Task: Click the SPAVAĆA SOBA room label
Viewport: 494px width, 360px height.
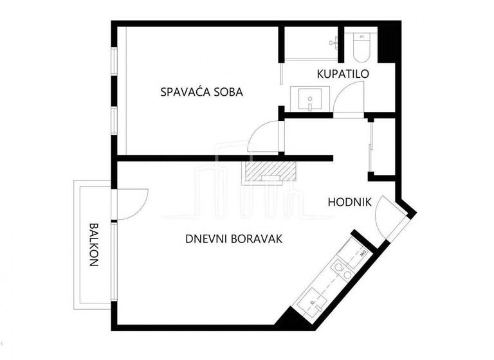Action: tap(201, 92)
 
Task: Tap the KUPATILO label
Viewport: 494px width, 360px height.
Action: tap(343, 74)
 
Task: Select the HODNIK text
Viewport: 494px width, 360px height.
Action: tap(349, 202)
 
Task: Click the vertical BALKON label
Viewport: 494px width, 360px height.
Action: tap(94, 244)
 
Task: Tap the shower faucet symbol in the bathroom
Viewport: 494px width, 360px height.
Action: tap(333, 42)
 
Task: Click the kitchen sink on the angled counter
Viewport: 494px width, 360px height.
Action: tap(313, 302)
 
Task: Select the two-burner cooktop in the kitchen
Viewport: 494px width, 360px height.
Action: tap(340, 270)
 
